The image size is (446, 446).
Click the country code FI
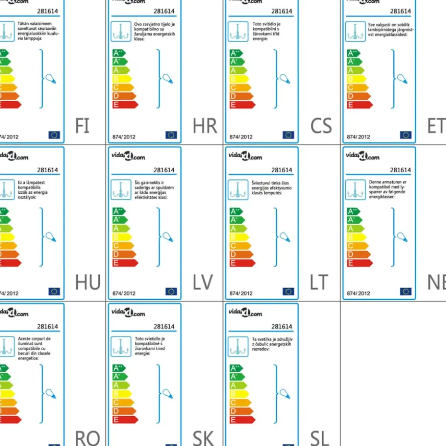pyautogui.click(x=82, y=126)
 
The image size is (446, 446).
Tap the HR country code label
pyautogui.click(x=205, y=126)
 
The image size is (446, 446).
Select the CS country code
pyautogui.click(x=321, y=126)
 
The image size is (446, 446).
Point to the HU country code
pyautogui.click(x=88, y=283)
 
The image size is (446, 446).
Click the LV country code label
pyautogui.click(x=202, y=283)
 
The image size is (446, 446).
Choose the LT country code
pyautogui.click(x=319, y=283)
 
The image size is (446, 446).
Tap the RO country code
pyautogui.click(x=87, y=438)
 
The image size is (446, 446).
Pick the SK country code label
pyautogui.click(x=203, y=438)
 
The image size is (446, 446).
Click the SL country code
pyautogui.click(x=319, y=438)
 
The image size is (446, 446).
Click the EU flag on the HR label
pyautogui.click(x=171, y=135)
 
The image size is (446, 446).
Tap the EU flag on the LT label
pyautogui.click(x=288, y=292)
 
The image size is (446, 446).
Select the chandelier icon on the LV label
pyautogui.click(x=120, y=190)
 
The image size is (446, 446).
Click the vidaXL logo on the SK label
pyautogui.click(x=129, y=313)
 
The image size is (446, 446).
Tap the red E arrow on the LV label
pyautogui.click(x=125, y=263)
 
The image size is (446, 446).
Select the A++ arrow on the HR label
pyautogui.click(x=118, y=53)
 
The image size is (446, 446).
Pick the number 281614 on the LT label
pyautogui.click(x=282, y=170)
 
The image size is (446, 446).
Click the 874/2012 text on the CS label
pyautogui.click(x=241, y=137)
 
